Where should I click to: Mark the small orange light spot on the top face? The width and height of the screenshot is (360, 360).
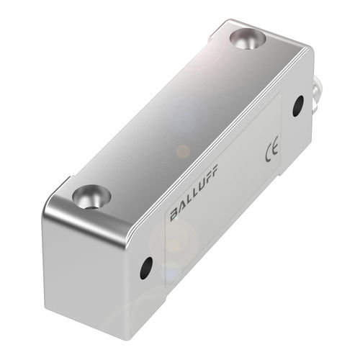pos(183,150)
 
